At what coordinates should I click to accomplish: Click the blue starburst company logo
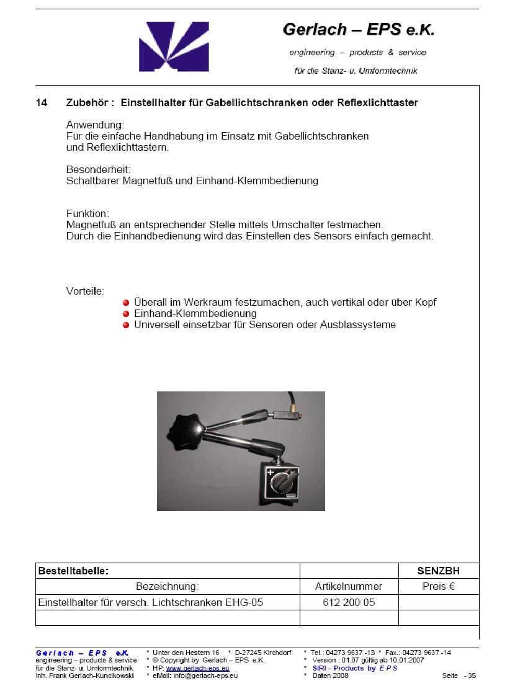click(174, 47)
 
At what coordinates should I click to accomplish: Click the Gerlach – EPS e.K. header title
click(358, 29)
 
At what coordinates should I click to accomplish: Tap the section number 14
click(41, 102)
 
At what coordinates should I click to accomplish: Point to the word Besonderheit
click(98, 169)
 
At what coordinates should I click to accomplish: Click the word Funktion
click(87, 213)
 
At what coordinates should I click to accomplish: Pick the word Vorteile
click(85, 291)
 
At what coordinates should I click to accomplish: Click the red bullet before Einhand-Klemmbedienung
click(126, 314)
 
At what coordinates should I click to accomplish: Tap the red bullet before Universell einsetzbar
click(126, 325)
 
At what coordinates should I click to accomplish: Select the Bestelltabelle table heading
click(73, 571)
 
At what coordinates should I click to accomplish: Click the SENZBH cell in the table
click(438, 571)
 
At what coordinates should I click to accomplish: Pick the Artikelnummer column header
click(349, 586)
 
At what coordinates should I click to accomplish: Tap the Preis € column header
click(438, 586)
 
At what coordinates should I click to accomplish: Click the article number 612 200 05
click(349, 602)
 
